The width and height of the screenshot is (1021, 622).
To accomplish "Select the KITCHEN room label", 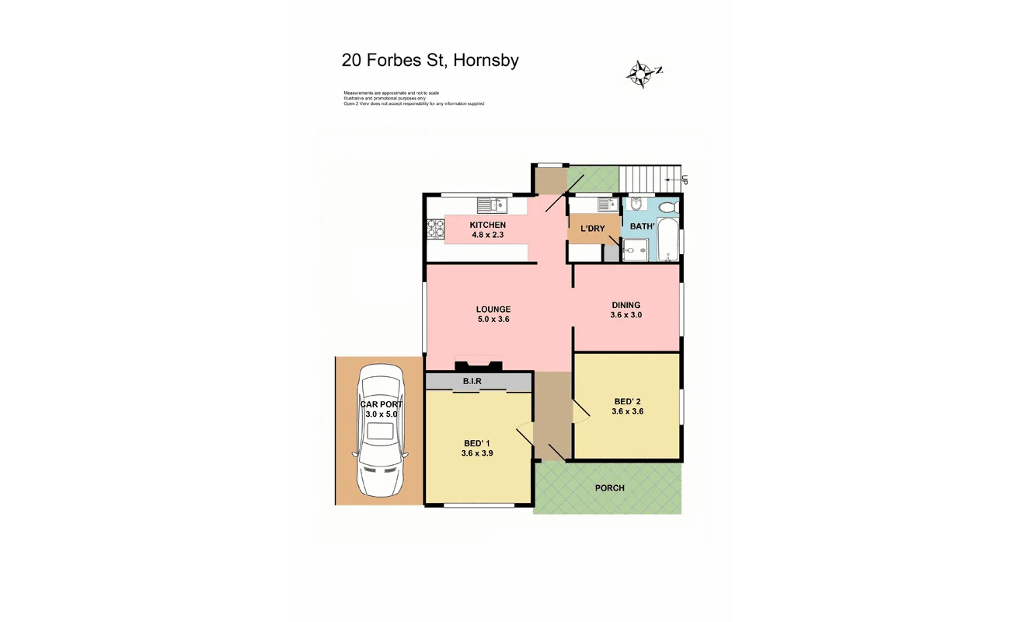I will point(487,225).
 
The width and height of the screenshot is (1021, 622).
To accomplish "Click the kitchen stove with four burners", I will point(435,229).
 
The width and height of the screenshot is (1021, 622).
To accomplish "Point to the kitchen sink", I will point(491,205).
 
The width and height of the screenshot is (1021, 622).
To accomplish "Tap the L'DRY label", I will point(593,229).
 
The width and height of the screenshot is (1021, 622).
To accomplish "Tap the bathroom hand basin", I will point(636,204).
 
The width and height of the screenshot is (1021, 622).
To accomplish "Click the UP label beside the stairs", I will point(684,180).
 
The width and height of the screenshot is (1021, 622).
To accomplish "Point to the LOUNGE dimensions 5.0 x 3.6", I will point(493,320).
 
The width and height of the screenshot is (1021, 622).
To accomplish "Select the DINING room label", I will point(625,305).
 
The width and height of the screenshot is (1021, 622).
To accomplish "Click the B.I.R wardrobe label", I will point(472,382).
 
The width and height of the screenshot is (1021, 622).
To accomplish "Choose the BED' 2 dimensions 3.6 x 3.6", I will point(627,412).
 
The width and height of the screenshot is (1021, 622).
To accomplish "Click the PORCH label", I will point(609,488).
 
